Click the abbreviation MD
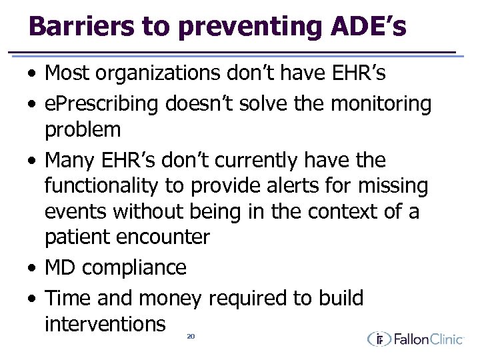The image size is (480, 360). click(x=60, y=267)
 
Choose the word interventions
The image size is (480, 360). click(x=105, y=324)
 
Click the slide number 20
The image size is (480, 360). click(x=190, y=337)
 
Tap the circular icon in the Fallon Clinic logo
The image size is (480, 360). click(x=379, y=339)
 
